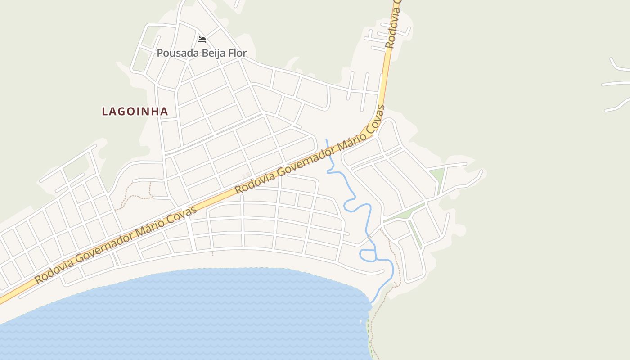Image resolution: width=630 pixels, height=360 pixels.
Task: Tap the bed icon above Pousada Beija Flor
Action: pyautogui.click(x=202, y=39)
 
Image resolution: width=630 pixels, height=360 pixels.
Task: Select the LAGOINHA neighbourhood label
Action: pyautogui.click(x=135, y=111)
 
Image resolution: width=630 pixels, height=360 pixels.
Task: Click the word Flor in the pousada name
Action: pyautogui.click(x=238, y=53)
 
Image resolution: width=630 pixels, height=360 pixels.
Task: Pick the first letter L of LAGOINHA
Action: pyautogui.click(x=105, y=111)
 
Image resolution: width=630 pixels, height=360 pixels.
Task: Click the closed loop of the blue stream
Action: pyautogui.click(x=368, y=255)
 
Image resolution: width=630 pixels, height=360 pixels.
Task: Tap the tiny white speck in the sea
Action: pyautogui.click(x=360, y=321)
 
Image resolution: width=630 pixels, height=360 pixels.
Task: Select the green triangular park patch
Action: pyautogui.click(x=436, y=175)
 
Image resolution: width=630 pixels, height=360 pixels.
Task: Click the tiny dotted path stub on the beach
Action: pyautogui.click(x=212, y=253)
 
